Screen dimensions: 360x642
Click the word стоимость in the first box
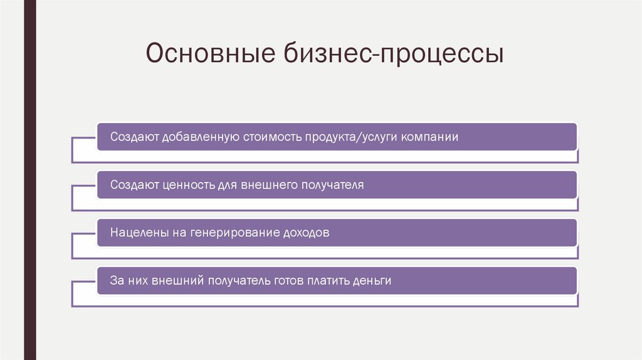point(270,137)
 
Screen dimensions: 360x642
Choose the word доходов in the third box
point(305,233)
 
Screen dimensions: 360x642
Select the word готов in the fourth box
point(288,280)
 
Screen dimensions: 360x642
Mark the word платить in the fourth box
point(329,280)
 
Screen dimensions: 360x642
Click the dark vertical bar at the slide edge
point(29,180)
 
